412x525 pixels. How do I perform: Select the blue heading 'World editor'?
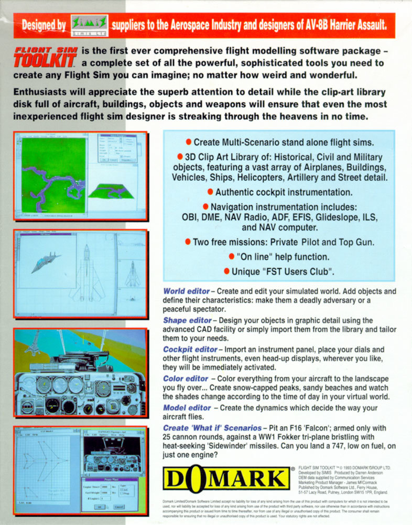pyautogui.click(x=186, y=291)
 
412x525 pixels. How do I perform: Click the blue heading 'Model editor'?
pyautogui.click(x=187, y=408)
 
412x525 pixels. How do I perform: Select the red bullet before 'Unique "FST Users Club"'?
pyautogui.click(x=226, y=271)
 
